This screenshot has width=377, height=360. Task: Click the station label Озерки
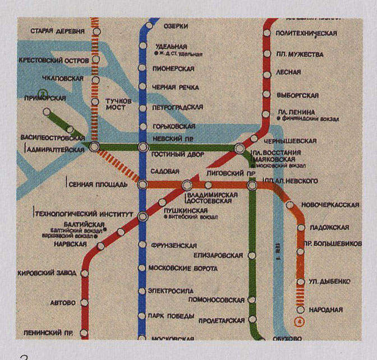click(174, 26)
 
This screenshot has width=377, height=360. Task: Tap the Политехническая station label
click(306, 34)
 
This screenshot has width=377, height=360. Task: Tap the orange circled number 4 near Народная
click(298, 322)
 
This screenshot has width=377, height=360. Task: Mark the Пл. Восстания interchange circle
click(240, 148)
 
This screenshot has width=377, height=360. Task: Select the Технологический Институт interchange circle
click(143, 215)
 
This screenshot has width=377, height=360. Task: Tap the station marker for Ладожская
click(301, 228)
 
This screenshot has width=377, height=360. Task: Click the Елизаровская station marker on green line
click(252, 256)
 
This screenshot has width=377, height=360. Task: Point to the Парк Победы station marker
click(142, 317)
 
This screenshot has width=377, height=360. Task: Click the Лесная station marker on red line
click(267, 73)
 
